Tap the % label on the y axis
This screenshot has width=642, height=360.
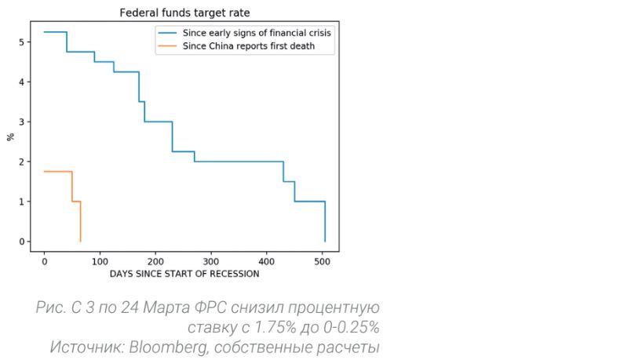point(10,136)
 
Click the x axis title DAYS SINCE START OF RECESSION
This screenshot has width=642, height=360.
point(184,274)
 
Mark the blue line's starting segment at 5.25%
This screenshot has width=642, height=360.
point(55,32)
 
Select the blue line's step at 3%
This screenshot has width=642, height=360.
point(158,122)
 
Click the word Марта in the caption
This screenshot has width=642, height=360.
point(182,307)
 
